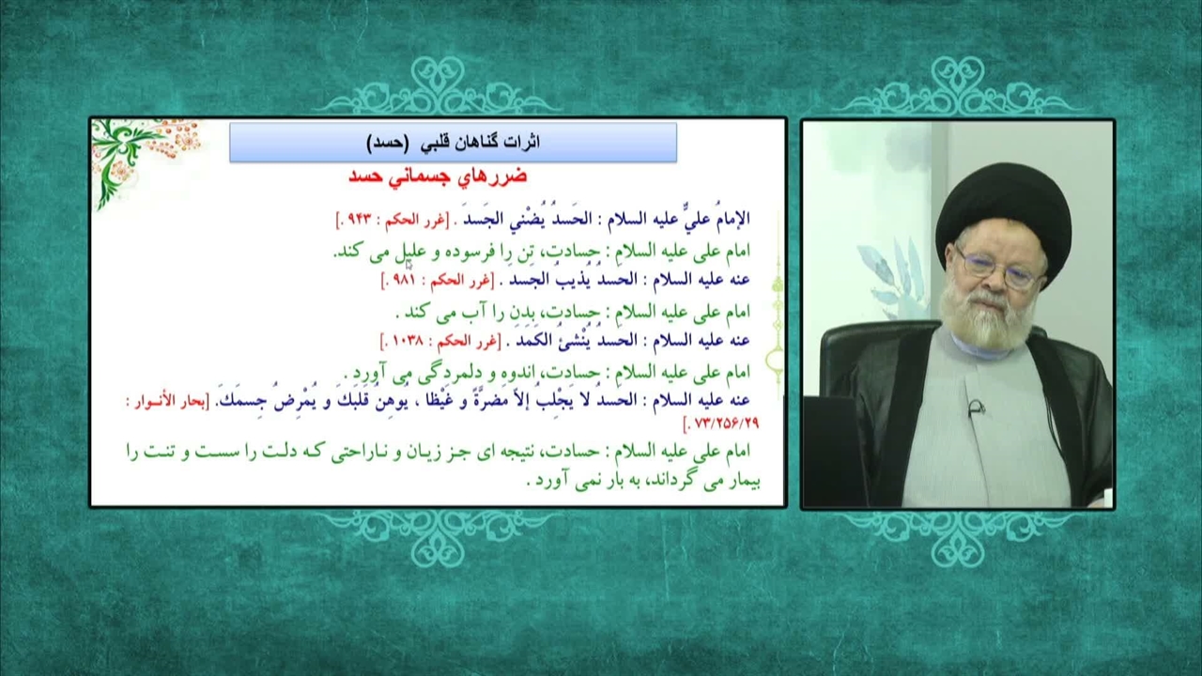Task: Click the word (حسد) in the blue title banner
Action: click(x=387, y=143)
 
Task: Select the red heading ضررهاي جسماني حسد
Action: click(x=438, y=177)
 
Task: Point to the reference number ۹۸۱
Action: click(x=404, y=280)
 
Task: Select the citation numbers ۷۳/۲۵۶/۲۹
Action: click(x=726, y=423)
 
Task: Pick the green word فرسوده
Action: click(x=483, y=252)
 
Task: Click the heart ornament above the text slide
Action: click(x=438, y=85)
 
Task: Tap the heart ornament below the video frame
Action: click(x=958, y=539)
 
